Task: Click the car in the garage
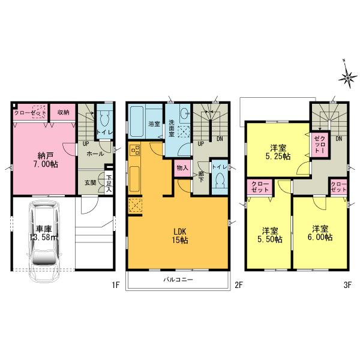click(x=45, y=235)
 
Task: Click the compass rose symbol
click(x=348, y=76)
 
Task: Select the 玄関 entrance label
click(x=89, y=183)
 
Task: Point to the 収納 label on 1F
click(x=64, y=112)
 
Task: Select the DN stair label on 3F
click(x=339, y=139)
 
